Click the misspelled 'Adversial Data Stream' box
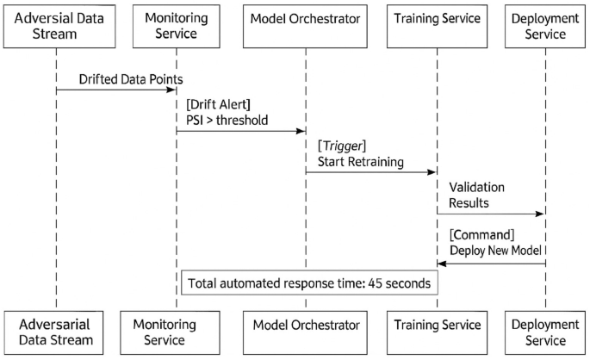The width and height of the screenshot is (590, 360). tap(56, 24)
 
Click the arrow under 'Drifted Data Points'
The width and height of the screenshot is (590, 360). tap(115, 89)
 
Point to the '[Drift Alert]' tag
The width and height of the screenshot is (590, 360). tap(217, 103)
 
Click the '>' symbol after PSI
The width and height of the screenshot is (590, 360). tap(212, 121)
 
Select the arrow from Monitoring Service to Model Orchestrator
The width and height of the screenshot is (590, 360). tap(241, 131)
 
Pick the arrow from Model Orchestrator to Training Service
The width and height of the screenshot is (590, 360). tap(370, 172)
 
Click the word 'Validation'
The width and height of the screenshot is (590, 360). tap(476, 186)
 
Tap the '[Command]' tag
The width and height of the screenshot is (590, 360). tap(481, 234)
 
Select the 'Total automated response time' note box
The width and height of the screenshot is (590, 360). tap(308, 282)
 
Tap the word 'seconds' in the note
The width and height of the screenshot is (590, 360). tap(406, 282)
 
